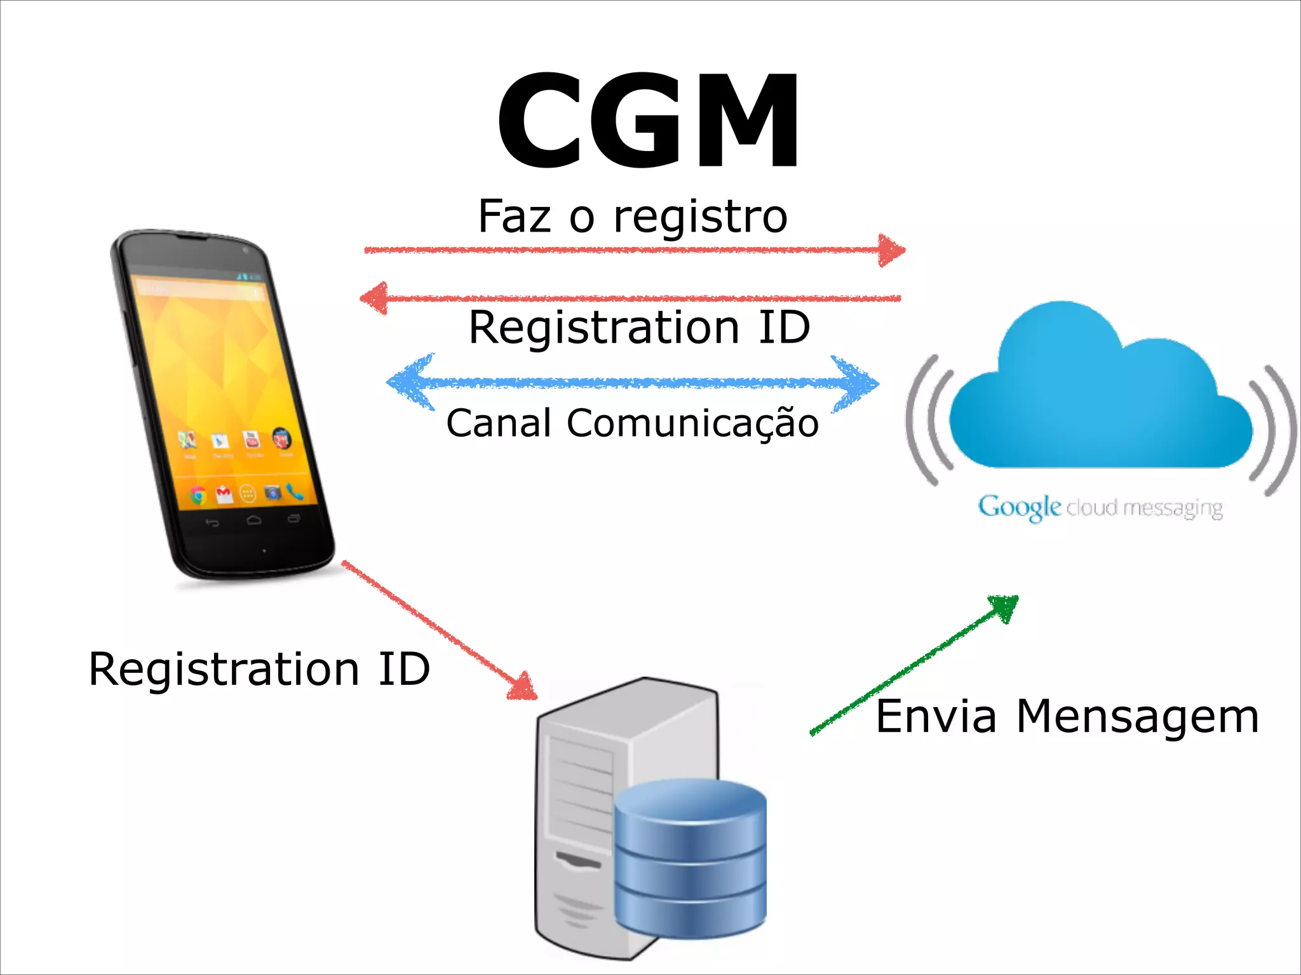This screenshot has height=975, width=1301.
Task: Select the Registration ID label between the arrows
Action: (639, 328)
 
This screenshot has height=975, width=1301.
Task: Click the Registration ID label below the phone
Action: (259, 669)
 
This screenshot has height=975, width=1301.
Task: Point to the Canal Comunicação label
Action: (633, 423)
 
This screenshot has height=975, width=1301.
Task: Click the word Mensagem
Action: (1137, 717)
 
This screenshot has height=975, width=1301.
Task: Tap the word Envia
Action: (935, 717)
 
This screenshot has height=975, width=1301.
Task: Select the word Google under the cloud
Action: (1019, 507)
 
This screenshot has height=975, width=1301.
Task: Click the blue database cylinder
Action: (690, 857)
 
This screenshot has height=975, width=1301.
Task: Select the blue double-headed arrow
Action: (633, 383)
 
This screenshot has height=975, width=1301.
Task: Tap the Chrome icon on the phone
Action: (198, 495)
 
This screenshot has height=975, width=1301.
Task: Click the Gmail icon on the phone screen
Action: (223, 493)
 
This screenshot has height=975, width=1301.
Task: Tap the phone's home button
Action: (253, 521)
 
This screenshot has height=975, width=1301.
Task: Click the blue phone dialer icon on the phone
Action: (295, 491)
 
